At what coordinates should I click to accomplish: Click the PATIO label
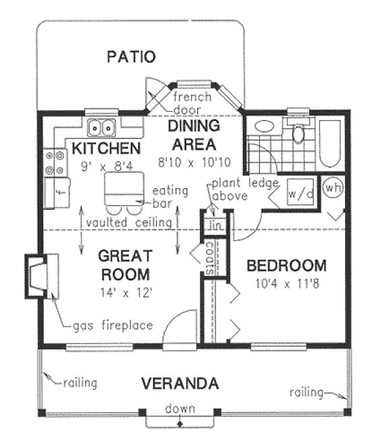pos(132,57)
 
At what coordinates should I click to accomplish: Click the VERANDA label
pos(180,384)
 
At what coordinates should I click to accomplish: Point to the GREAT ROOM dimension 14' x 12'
pos(123,292)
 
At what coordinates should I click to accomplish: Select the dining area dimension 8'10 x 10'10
pos(192,162)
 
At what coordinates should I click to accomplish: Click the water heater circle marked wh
pos(332,188)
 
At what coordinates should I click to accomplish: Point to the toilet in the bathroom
pos(297,132)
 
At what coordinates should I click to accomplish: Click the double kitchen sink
pos(103,126)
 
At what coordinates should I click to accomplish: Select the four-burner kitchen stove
pos(53,161)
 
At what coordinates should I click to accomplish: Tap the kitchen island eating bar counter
pos(123,186)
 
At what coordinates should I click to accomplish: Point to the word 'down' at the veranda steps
pos(180,409)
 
